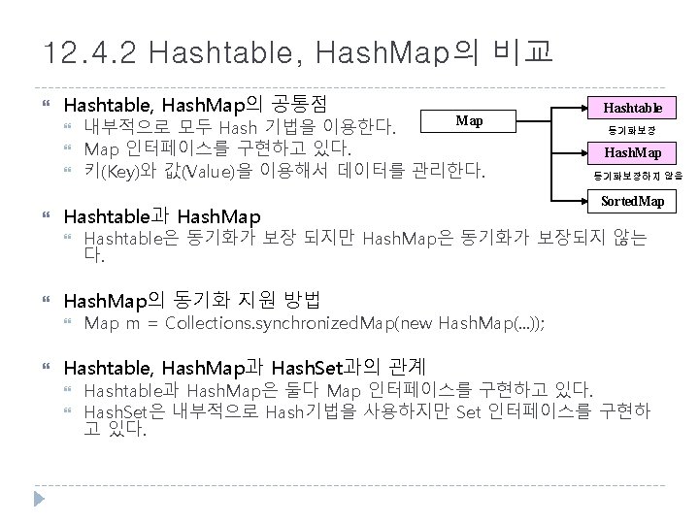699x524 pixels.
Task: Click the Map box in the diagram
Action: (469, 121)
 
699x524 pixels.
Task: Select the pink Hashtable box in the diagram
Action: (633, 109)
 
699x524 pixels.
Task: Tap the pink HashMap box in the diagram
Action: (633, 152)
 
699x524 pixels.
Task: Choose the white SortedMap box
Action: (633, 201)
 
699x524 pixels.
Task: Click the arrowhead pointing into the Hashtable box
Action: (583, 109)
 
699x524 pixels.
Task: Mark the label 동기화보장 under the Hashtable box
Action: (632, 130)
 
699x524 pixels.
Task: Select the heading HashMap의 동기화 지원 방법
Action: (190, 298)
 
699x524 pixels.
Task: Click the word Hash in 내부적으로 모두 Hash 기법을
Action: (237, 127)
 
